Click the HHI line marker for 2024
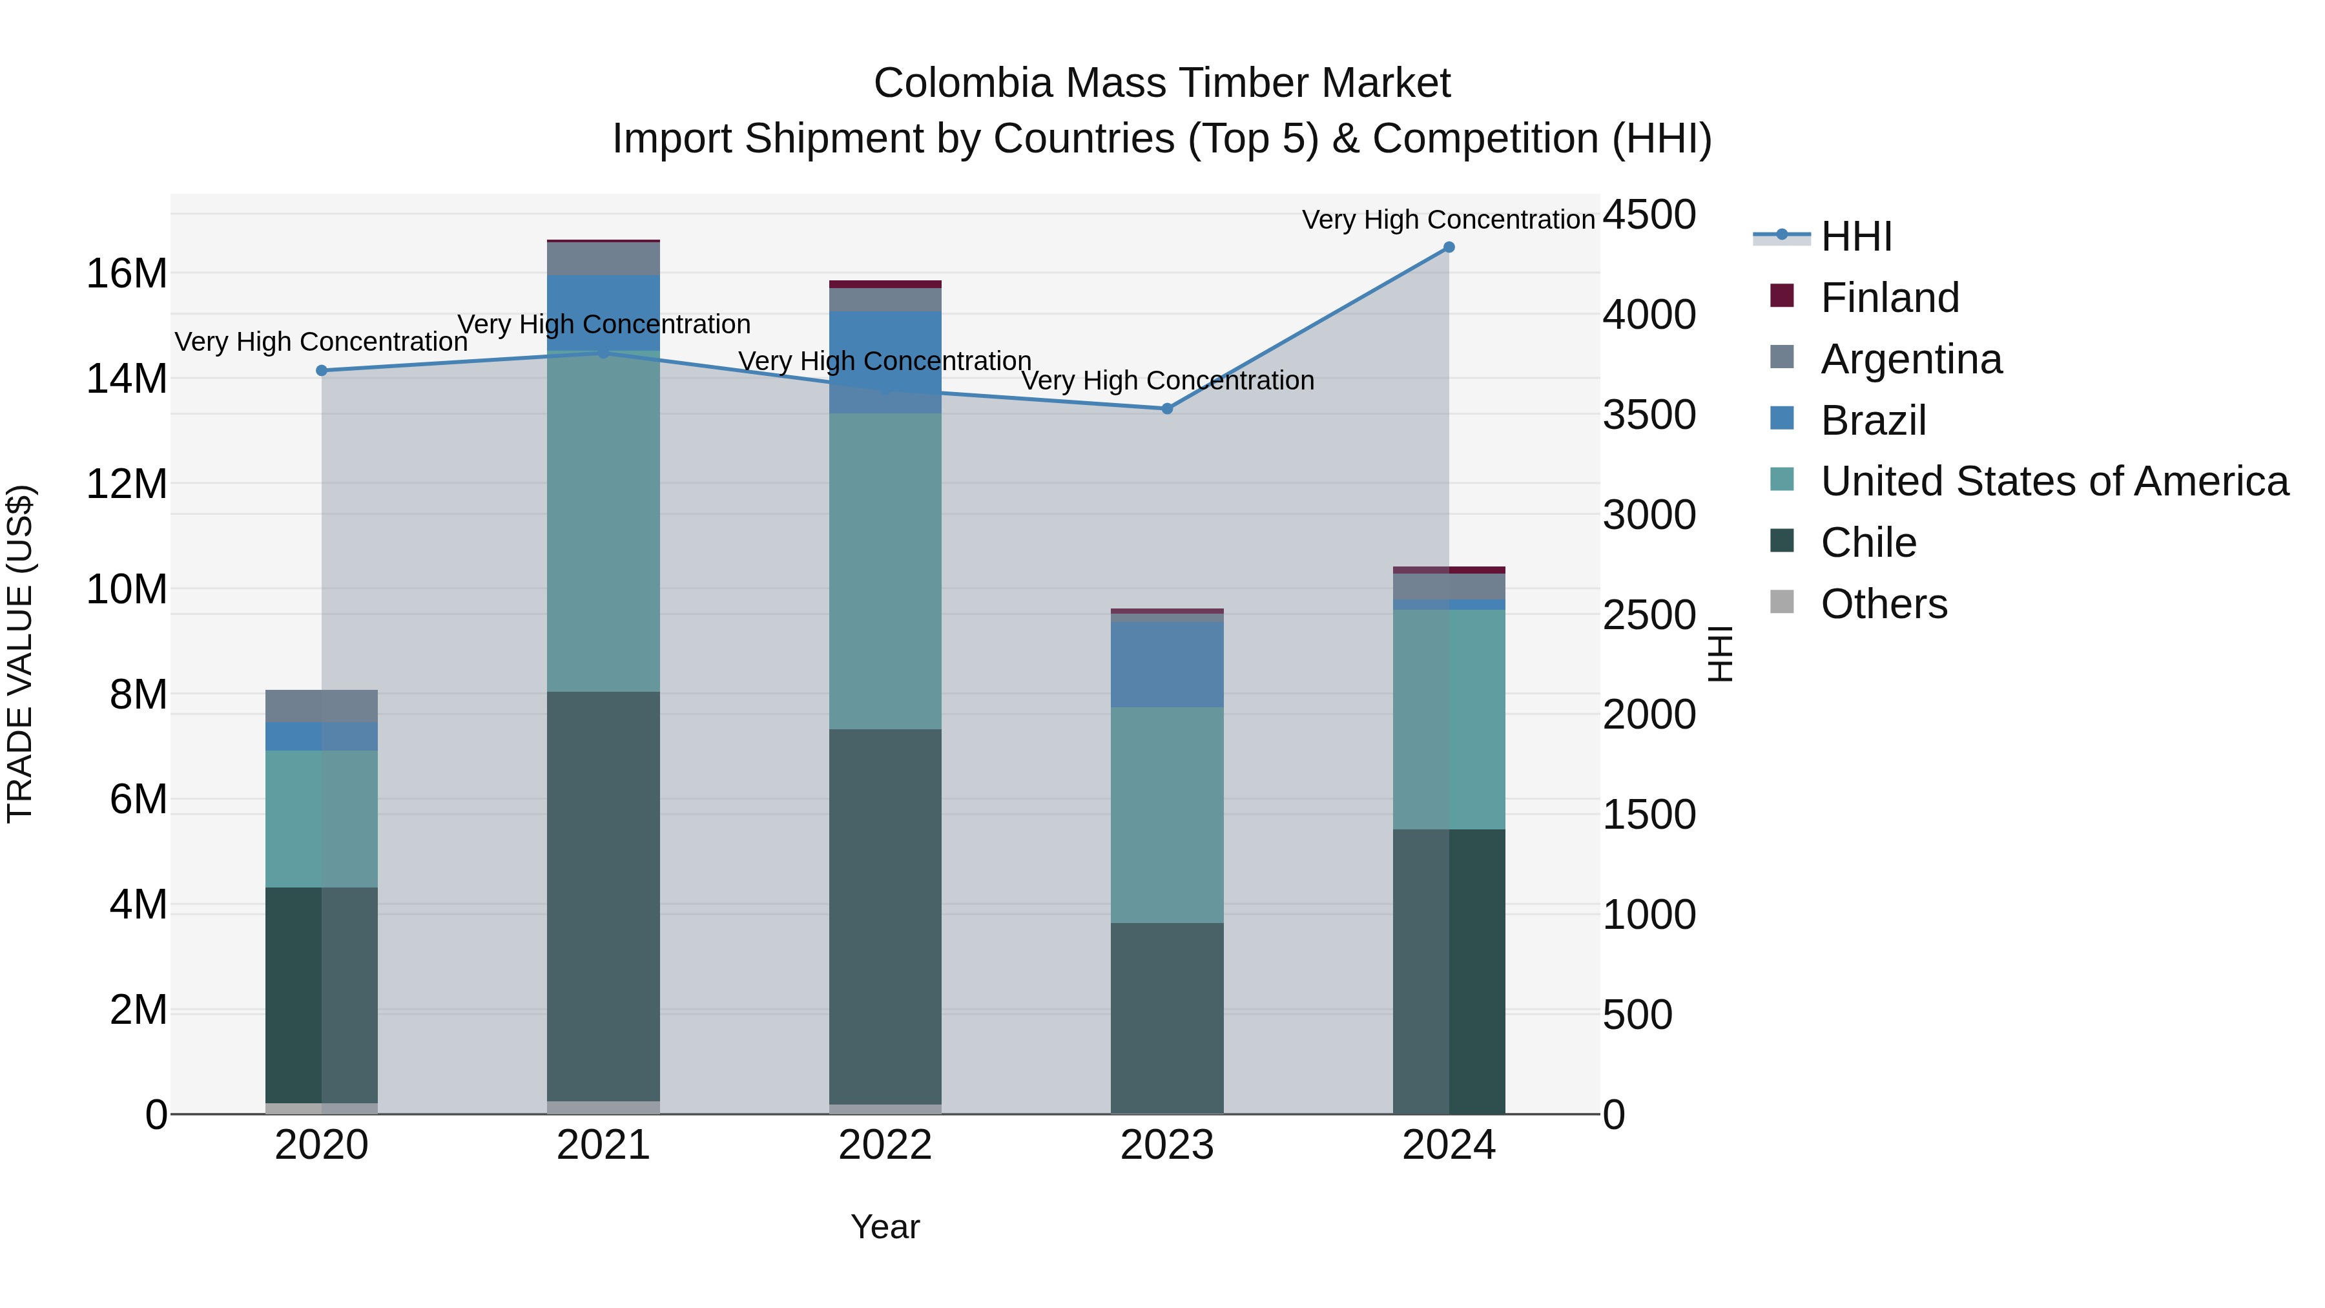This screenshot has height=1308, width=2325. [x=1449, y=247]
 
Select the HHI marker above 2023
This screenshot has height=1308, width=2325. [x=1166, y=409]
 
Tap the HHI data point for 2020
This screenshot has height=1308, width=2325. [x=322, y=370]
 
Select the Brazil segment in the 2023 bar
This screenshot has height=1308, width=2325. [x=1166, y=665]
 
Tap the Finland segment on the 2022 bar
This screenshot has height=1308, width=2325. [x=885, y=284]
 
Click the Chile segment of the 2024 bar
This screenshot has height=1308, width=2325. [x=1449, y=970]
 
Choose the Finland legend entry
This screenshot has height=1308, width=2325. [x=1889, y=298]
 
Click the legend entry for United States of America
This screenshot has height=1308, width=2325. [x=2053, y=481]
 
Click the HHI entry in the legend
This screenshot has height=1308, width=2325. [x=1855, y=236]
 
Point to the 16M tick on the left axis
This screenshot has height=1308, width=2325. [x=127, y=273]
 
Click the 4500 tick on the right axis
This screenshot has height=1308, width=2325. [x=1649, y=216]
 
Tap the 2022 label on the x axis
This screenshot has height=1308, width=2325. [x=885, y=1145]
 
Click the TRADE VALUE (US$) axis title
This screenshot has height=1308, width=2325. [x=20, y=654]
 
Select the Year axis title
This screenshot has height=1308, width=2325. [x=885, y=1227]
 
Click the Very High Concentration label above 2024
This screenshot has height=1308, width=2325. [x=1448, y=220]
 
